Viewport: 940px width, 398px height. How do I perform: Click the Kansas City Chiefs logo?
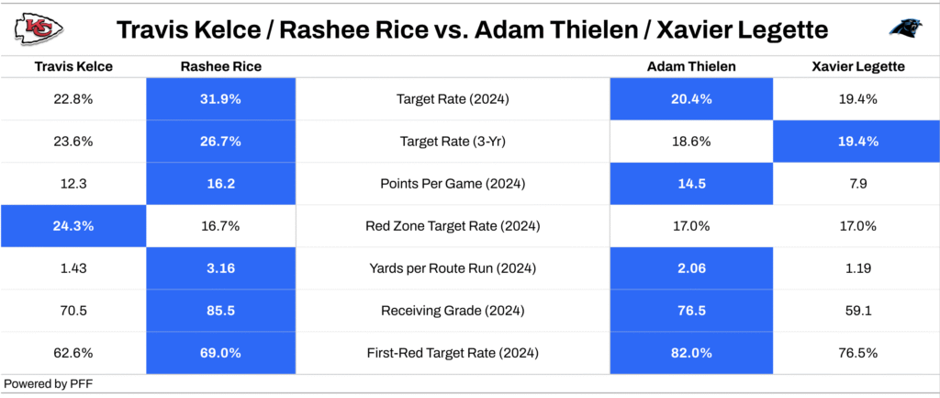(39, 28)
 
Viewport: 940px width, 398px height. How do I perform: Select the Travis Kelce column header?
(73, 66)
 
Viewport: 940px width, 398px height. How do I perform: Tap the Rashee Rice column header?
(220, 66)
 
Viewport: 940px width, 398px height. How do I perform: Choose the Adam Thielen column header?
(691, 66)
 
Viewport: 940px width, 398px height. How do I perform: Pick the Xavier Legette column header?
(858, 66)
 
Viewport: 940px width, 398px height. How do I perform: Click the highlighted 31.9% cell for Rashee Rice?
(220, 99)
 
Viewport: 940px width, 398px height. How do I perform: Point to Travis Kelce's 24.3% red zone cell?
(73, 226)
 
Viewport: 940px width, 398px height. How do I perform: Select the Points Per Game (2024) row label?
(453, 184)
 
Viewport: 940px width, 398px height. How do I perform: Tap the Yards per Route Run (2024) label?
(453, 269)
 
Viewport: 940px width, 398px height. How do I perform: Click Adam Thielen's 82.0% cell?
(691, 353)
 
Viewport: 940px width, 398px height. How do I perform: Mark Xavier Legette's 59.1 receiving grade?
(857, 311)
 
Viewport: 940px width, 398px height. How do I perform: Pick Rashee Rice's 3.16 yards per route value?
(220, 269)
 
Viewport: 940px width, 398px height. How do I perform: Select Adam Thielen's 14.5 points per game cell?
(691, 184)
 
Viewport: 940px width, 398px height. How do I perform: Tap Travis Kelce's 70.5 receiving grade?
(73, 311)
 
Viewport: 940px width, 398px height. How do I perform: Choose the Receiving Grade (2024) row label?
(453, 311)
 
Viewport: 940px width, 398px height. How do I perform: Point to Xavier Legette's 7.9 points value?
(857, 184)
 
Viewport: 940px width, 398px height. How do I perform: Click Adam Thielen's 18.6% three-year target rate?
(691, 142)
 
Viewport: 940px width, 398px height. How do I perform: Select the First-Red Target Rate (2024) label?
(453, 353)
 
